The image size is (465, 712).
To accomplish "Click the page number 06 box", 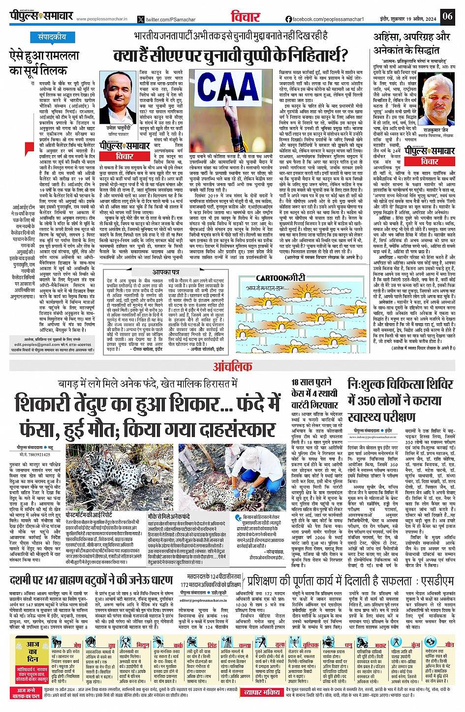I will tap(447, 16).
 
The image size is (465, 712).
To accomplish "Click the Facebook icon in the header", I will tap(288, 19).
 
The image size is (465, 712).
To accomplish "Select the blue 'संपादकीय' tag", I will tap(52, 37).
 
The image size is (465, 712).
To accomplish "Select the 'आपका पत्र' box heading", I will tap(166, 271).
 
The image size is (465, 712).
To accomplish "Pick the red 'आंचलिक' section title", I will tap(232, 366).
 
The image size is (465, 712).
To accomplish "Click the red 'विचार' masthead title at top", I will tap(245, 17).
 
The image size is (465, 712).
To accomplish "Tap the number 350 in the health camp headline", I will tap(372, 401).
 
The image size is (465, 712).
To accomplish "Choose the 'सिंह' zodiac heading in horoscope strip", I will tap(212, 645).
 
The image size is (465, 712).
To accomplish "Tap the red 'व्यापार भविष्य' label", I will tap(262, 692).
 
